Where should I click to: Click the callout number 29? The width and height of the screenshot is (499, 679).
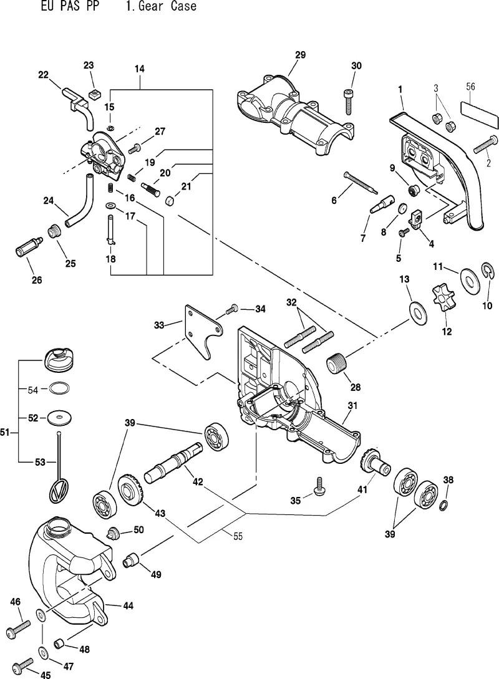pyautogui.click(x=300, y=55)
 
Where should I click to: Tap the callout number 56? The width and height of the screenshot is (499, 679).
pyautogui.click(x=470, y=87)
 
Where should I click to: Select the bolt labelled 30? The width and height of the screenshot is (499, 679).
pyautogui.click(x=348, y=102)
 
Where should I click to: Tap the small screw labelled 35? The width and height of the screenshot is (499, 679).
pyautogui.click(x=319, y=487)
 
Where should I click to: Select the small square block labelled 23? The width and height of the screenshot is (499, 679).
pyautogui.click(x=94, y=93)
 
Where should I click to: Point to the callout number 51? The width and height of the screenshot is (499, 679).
pyautogui.click(x=5, y=432)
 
